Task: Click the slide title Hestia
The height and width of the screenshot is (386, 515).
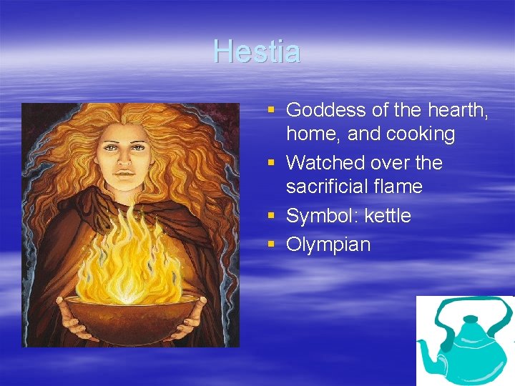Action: pos(257,51)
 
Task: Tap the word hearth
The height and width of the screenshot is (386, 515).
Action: pos(458,109)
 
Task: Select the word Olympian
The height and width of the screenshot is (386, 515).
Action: pos(328,244)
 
